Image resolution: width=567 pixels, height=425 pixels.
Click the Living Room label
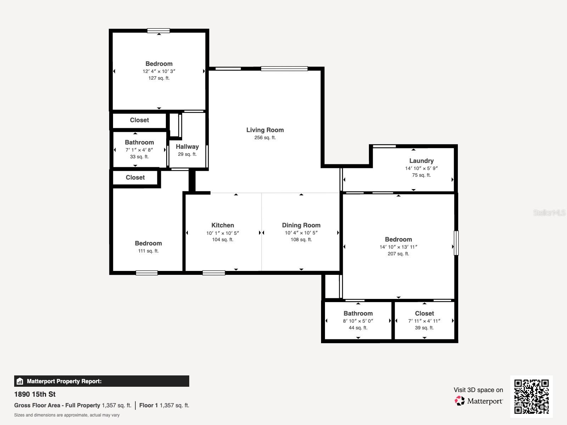click(x=265, y=130)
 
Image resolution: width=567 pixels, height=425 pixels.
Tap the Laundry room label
click(x=421, y=161)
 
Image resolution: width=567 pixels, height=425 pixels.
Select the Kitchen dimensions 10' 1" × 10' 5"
click(x=223, y=233)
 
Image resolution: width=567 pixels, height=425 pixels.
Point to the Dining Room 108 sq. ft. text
click(x=301, y=240)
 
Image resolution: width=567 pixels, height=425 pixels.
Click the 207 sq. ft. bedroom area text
click(x=398, y=254)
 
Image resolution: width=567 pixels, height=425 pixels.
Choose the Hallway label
click(x=187, y=147)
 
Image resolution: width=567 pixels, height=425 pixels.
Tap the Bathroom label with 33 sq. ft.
click(x=139, y=142)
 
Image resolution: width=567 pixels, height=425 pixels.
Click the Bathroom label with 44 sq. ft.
click(x=358, y=313)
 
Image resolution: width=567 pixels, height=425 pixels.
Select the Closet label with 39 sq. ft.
click(x=424, y=313)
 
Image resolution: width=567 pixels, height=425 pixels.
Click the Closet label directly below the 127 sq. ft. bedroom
click(x=139, y=120)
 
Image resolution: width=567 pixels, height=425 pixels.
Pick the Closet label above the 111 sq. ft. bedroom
click(x=135, y=177)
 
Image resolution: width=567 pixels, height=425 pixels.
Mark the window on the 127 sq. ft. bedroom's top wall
click(x=158, y=31)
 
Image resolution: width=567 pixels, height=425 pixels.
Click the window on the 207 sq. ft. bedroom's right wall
click(x=456, y=243)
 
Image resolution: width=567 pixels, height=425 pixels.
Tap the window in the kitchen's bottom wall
click(x=214, y=273)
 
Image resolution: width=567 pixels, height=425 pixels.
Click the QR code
click(x=531, y=396)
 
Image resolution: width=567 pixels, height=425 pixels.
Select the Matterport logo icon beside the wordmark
click(x=460, y=401)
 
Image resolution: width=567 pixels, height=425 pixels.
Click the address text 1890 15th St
click(x=35, y=394)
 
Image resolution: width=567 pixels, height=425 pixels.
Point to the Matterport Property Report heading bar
click(x=101, y=381)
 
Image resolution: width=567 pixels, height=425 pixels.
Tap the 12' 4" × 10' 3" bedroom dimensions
click(x=159, y=71)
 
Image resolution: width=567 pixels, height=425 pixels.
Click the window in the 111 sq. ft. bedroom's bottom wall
click(x=147, y=273)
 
